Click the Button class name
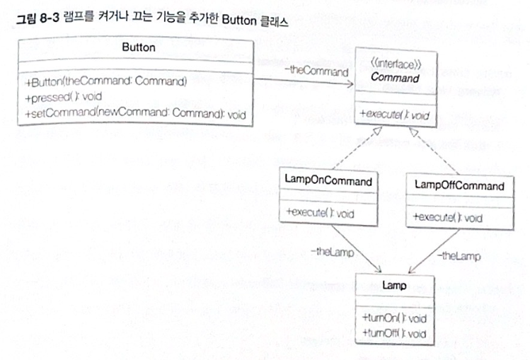click(134, 47)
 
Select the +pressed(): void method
click(62, 98)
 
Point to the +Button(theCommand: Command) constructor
click(105, 83)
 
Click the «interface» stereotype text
click(395, 64)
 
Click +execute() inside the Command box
click(395, 115)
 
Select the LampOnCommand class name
click(327, 182)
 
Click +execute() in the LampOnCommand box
click(318, 212)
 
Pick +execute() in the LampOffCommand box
click(448, 217)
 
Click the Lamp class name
click(393, 285)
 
